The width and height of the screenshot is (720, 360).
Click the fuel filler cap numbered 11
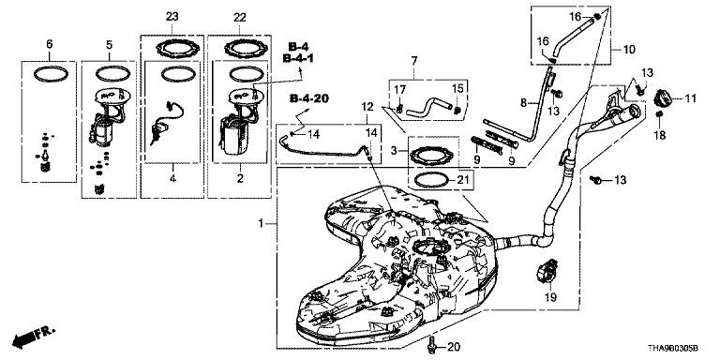tap(664, 98)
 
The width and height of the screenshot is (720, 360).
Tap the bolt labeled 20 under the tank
tap(430, 346)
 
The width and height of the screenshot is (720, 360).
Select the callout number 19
tap(550, 297)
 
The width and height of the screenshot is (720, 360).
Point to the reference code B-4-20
tap(307, 98)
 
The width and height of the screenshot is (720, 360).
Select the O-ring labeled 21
tap(431, 180)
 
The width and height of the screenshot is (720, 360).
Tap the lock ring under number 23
tap(172, 47)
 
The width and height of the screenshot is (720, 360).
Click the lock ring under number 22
tap(240, 47)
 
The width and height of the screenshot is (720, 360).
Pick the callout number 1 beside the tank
tap(262, 224)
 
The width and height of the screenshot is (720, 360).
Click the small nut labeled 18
tap(659, 113)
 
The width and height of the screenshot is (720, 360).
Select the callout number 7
tap(414, 60)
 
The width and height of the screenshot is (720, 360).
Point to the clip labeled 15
tap(457, 110)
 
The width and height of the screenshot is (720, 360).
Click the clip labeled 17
tap(400, 110)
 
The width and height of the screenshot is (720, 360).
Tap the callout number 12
tap(367, 107)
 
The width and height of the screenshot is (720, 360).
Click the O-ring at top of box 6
tap(49, 74)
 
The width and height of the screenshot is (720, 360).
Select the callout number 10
tap(629, 49)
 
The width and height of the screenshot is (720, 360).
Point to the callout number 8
tap(523, 103)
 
